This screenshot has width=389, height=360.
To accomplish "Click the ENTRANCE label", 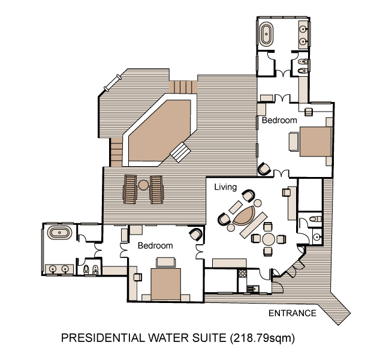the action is pos(292,313).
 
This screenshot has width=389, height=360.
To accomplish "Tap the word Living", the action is pos(225,187).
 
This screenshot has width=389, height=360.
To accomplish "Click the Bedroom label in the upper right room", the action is pos(279,120).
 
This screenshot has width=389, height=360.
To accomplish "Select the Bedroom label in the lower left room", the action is pos(155,245).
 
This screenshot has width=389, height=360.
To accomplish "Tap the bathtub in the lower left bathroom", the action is pos(59,233).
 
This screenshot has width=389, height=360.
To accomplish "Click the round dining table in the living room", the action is pos(269,239).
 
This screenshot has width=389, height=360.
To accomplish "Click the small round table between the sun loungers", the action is pos(143,185).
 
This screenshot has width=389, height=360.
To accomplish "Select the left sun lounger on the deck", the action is pos(130,190).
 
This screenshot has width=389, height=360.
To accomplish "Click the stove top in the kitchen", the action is pos(242,274).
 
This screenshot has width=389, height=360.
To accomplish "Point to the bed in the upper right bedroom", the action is pos(315,142).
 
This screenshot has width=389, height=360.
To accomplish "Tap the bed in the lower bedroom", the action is pos(165,284).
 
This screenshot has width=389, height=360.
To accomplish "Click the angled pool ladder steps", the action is pos(180,152).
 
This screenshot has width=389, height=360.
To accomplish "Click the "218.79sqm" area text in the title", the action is pos(262,338).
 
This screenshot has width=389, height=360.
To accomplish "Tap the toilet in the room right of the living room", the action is pos(315,219).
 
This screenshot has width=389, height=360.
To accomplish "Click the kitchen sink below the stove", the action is pos(252,289).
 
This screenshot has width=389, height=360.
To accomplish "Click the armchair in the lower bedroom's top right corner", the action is pos(197,234).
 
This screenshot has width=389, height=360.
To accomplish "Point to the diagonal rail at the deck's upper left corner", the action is pos(113,83).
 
